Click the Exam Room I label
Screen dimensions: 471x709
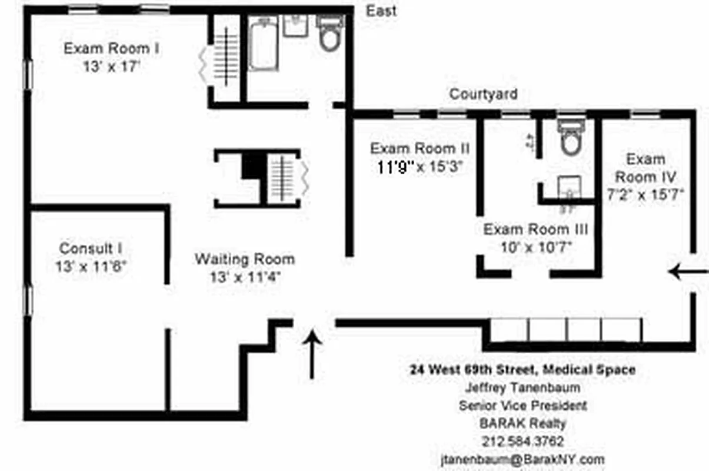[x=111, y=48]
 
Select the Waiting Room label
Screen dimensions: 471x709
[x=245, y=259]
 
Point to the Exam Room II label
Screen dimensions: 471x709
[x=419, y=148]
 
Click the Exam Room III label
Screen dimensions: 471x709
[x=535, y=229]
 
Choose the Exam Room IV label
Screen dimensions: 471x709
[x=645, y=168]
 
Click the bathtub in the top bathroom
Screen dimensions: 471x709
[x=262, y=45]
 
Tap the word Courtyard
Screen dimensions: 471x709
[x=484, y=94]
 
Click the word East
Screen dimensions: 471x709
[x=381, y=11]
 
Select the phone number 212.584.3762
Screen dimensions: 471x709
[x=522, y=441]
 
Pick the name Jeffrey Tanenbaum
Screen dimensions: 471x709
[x=522, y=388]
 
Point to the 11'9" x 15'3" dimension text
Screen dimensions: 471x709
[x=419, y=167]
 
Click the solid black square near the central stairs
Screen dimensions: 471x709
[x=252, y=165]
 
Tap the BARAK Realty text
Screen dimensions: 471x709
[x=522, y=423]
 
